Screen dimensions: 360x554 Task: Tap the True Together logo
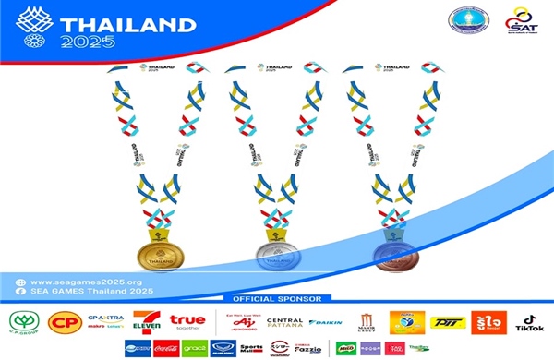point(190,322)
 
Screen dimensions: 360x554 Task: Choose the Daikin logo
point(324,323)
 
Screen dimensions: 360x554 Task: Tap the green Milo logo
point(346,348)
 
